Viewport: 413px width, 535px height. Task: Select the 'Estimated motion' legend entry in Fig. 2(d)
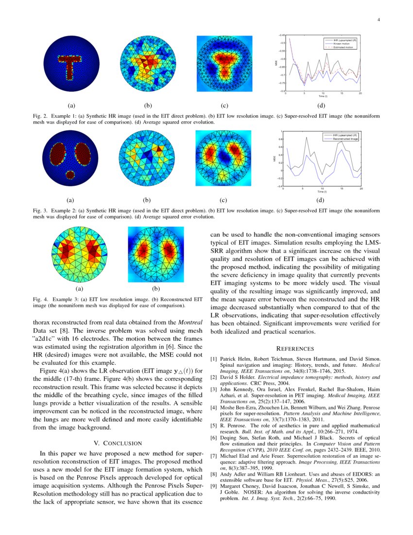(x=345, y=47)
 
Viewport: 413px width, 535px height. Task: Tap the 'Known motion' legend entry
(x=343, y=44)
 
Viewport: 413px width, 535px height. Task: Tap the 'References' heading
(x=295, y=348)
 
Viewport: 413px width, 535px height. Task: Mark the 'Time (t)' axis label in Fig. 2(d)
(x=323, y=96)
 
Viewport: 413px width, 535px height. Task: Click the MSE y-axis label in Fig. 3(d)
(x=275, y=159)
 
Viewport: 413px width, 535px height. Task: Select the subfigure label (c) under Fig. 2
(x=224, y=105)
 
